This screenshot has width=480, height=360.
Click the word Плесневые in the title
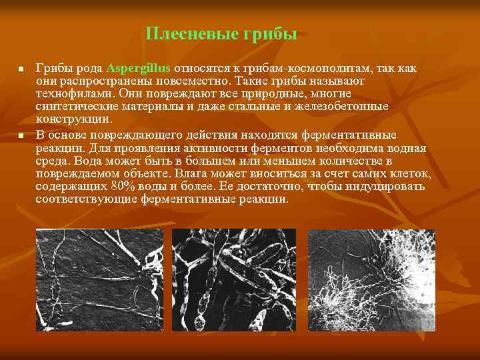185,34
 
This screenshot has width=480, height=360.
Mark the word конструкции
74,119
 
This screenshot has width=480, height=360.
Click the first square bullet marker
21,69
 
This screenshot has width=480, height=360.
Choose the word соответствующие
85,199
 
